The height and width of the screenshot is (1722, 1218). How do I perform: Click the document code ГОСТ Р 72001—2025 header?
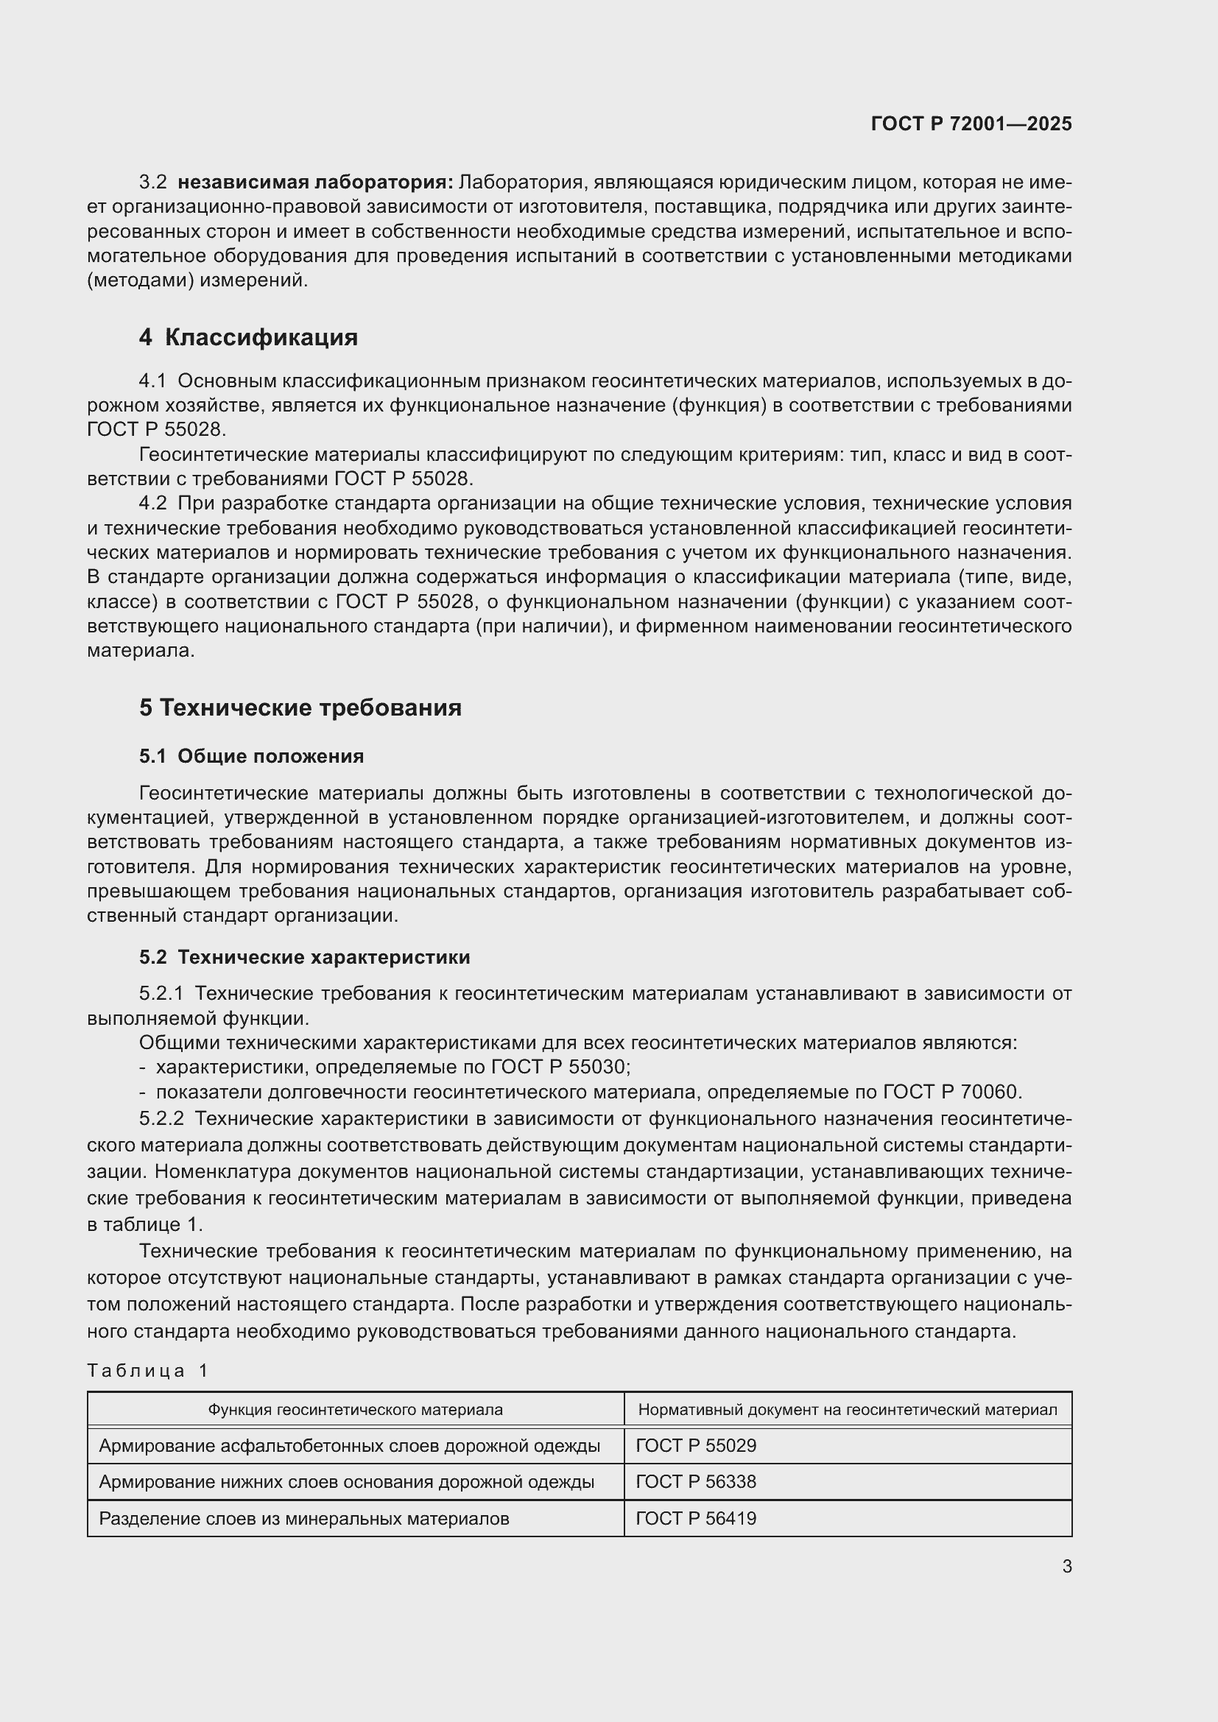point(971,124)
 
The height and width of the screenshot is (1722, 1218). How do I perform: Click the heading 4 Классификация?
point(248,337)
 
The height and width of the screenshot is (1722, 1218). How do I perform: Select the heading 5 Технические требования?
point(300,707)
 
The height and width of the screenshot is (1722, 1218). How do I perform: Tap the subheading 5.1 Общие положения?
point(251,756)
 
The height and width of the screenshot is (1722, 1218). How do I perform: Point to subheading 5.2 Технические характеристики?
point(305,957)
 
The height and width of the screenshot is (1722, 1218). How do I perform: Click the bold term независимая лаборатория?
point(315,183)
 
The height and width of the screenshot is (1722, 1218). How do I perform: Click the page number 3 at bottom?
point(1066,1566)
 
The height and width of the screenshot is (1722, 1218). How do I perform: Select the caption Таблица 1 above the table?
point(147,1371)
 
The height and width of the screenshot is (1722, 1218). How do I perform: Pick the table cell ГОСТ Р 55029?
point(696,1445)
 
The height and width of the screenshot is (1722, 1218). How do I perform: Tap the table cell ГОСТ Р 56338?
point(696,1482)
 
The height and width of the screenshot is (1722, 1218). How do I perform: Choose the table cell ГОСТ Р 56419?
point(696,1519)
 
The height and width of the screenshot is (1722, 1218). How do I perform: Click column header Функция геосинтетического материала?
point(356,1410)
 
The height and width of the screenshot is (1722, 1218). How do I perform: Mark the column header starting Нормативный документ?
point(848,1410)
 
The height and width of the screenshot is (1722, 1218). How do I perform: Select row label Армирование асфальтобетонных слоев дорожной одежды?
point(350,1445)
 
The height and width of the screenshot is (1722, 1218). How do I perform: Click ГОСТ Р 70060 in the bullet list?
point(951,1092)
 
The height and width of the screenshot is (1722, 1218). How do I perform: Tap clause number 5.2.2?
point(161,1118)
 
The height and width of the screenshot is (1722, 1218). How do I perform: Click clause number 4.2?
point(153,504)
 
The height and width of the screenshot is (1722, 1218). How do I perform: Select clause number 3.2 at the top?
point(153,183)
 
